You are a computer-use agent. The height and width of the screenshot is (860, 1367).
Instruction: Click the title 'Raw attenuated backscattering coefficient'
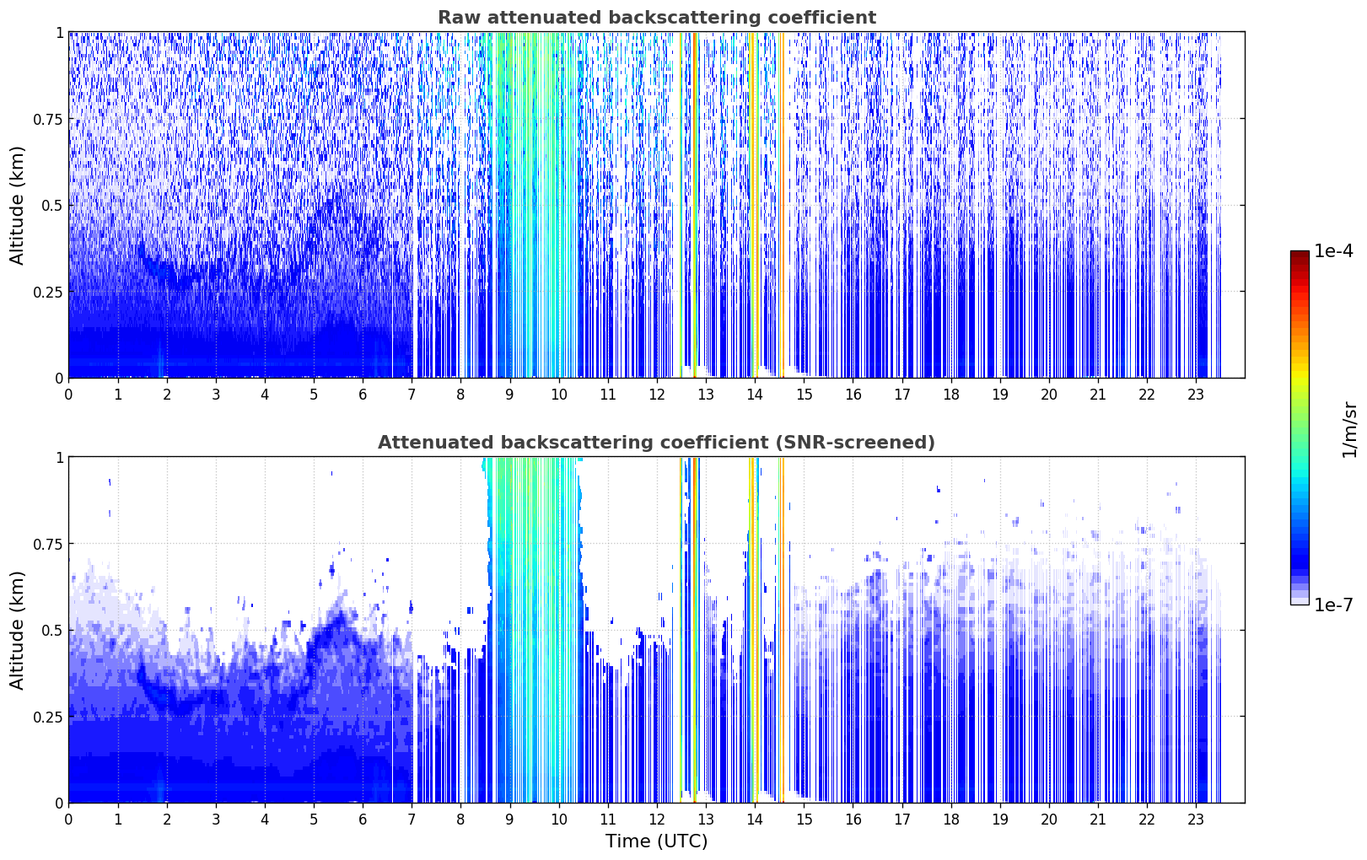(x=657, y=17)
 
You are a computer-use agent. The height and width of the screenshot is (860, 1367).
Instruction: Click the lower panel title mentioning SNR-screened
(x=657, y=442)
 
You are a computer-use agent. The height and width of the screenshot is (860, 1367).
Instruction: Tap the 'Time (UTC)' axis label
(x=657, y=841)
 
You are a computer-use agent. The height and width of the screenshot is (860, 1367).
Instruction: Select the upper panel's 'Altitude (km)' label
(x=17, y=206)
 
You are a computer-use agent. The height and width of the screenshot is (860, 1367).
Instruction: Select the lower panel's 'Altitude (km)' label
(x=17, y=630)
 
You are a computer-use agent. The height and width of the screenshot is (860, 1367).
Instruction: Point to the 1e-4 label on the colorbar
(x=1332, y=250)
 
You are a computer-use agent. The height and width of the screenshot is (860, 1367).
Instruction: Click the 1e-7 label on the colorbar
(x=1332, y=605)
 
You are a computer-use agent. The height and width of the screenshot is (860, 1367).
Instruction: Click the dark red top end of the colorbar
(x=1300, y=254)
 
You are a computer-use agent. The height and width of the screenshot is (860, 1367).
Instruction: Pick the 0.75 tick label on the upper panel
(x=47, y=120)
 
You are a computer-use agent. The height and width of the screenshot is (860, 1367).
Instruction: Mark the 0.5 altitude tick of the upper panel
(x=52, y=207)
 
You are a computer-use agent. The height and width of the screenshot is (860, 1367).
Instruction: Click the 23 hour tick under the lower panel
(x=1196, y=820)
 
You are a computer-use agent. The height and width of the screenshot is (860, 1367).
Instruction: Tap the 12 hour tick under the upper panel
(x=656, y=395)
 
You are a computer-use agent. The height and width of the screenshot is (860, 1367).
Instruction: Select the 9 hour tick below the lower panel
(x=509, y=820)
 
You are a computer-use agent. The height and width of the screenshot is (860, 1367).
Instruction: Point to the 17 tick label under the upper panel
(x=901, y=395)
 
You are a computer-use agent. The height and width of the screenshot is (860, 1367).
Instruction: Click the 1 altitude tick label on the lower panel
(x=59, y=458)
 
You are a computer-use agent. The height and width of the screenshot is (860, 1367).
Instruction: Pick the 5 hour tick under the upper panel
(x=314, y=395)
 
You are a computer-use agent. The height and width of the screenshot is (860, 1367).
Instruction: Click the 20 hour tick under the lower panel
(x=1048, y=820)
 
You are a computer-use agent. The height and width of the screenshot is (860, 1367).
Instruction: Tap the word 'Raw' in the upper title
(x=460, y=17)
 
